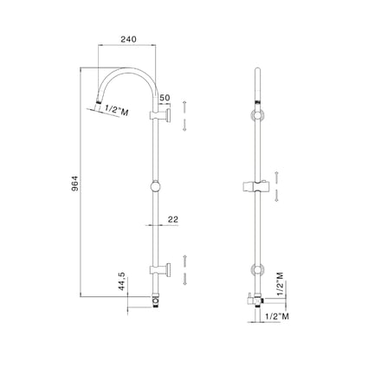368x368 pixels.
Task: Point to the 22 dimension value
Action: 173,220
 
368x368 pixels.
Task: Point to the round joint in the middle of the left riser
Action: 155,186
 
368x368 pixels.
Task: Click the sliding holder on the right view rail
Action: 256,186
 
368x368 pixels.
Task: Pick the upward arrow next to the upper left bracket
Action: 185,105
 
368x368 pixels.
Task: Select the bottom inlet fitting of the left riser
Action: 155,300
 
